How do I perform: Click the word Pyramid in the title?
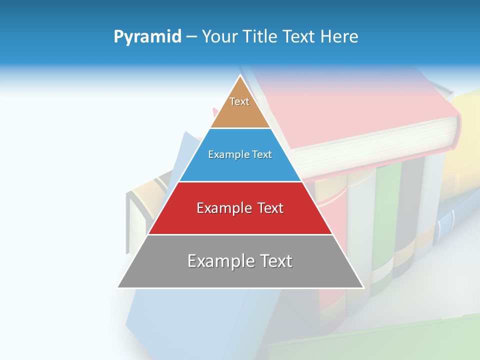147,37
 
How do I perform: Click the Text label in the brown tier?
239,101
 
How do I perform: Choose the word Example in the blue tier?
224,155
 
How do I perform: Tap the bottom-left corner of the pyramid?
118,287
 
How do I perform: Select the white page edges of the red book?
380,150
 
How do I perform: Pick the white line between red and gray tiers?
240,234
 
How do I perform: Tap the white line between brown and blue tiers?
240,128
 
